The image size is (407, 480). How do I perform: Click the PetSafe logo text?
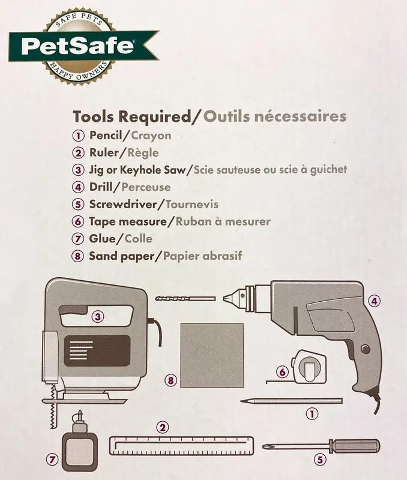coord(77,46)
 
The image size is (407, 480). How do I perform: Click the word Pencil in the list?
coord(106,136)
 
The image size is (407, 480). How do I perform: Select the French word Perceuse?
coord(146,187)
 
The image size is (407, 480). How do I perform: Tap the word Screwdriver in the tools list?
coord(123,204)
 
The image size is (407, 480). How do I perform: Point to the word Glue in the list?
coord(102,238)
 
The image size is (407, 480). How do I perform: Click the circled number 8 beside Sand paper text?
coord(78,256)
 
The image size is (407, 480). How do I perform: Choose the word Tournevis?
coord(192,204)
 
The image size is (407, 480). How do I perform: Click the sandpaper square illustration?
coord(213,355)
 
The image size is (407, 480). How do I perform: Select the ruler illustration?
coord(182,446)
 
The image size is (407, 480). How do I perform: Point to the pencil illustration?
coord(291,401)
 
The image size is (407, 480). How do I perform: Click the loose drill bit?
coord(185,299)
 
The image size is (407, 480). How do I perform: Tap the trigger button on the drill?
coord(365,349)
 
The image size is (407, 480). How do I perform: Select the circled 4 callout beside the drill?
coord(374,301)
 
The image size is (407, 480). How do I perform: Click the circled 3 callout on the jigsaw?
coord(98,317)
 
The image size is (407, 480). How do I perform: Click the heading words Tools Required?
coord(131,116)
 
